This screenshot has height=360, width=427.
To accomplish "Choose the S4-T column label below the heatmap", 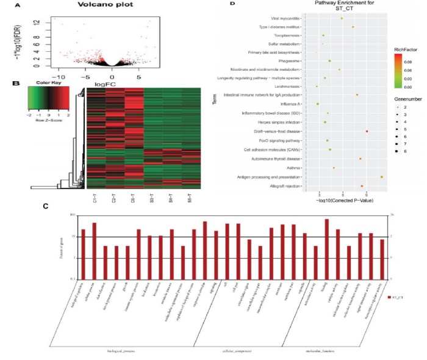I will coord(173,200).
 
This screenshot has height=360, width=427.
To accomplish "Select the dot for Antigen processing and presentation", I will coord(382,177).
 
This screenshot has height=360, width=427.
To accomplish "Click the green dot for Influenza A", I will coord(318,104).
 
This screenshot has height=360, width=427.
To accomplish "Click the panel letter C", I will coord(46,206).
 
